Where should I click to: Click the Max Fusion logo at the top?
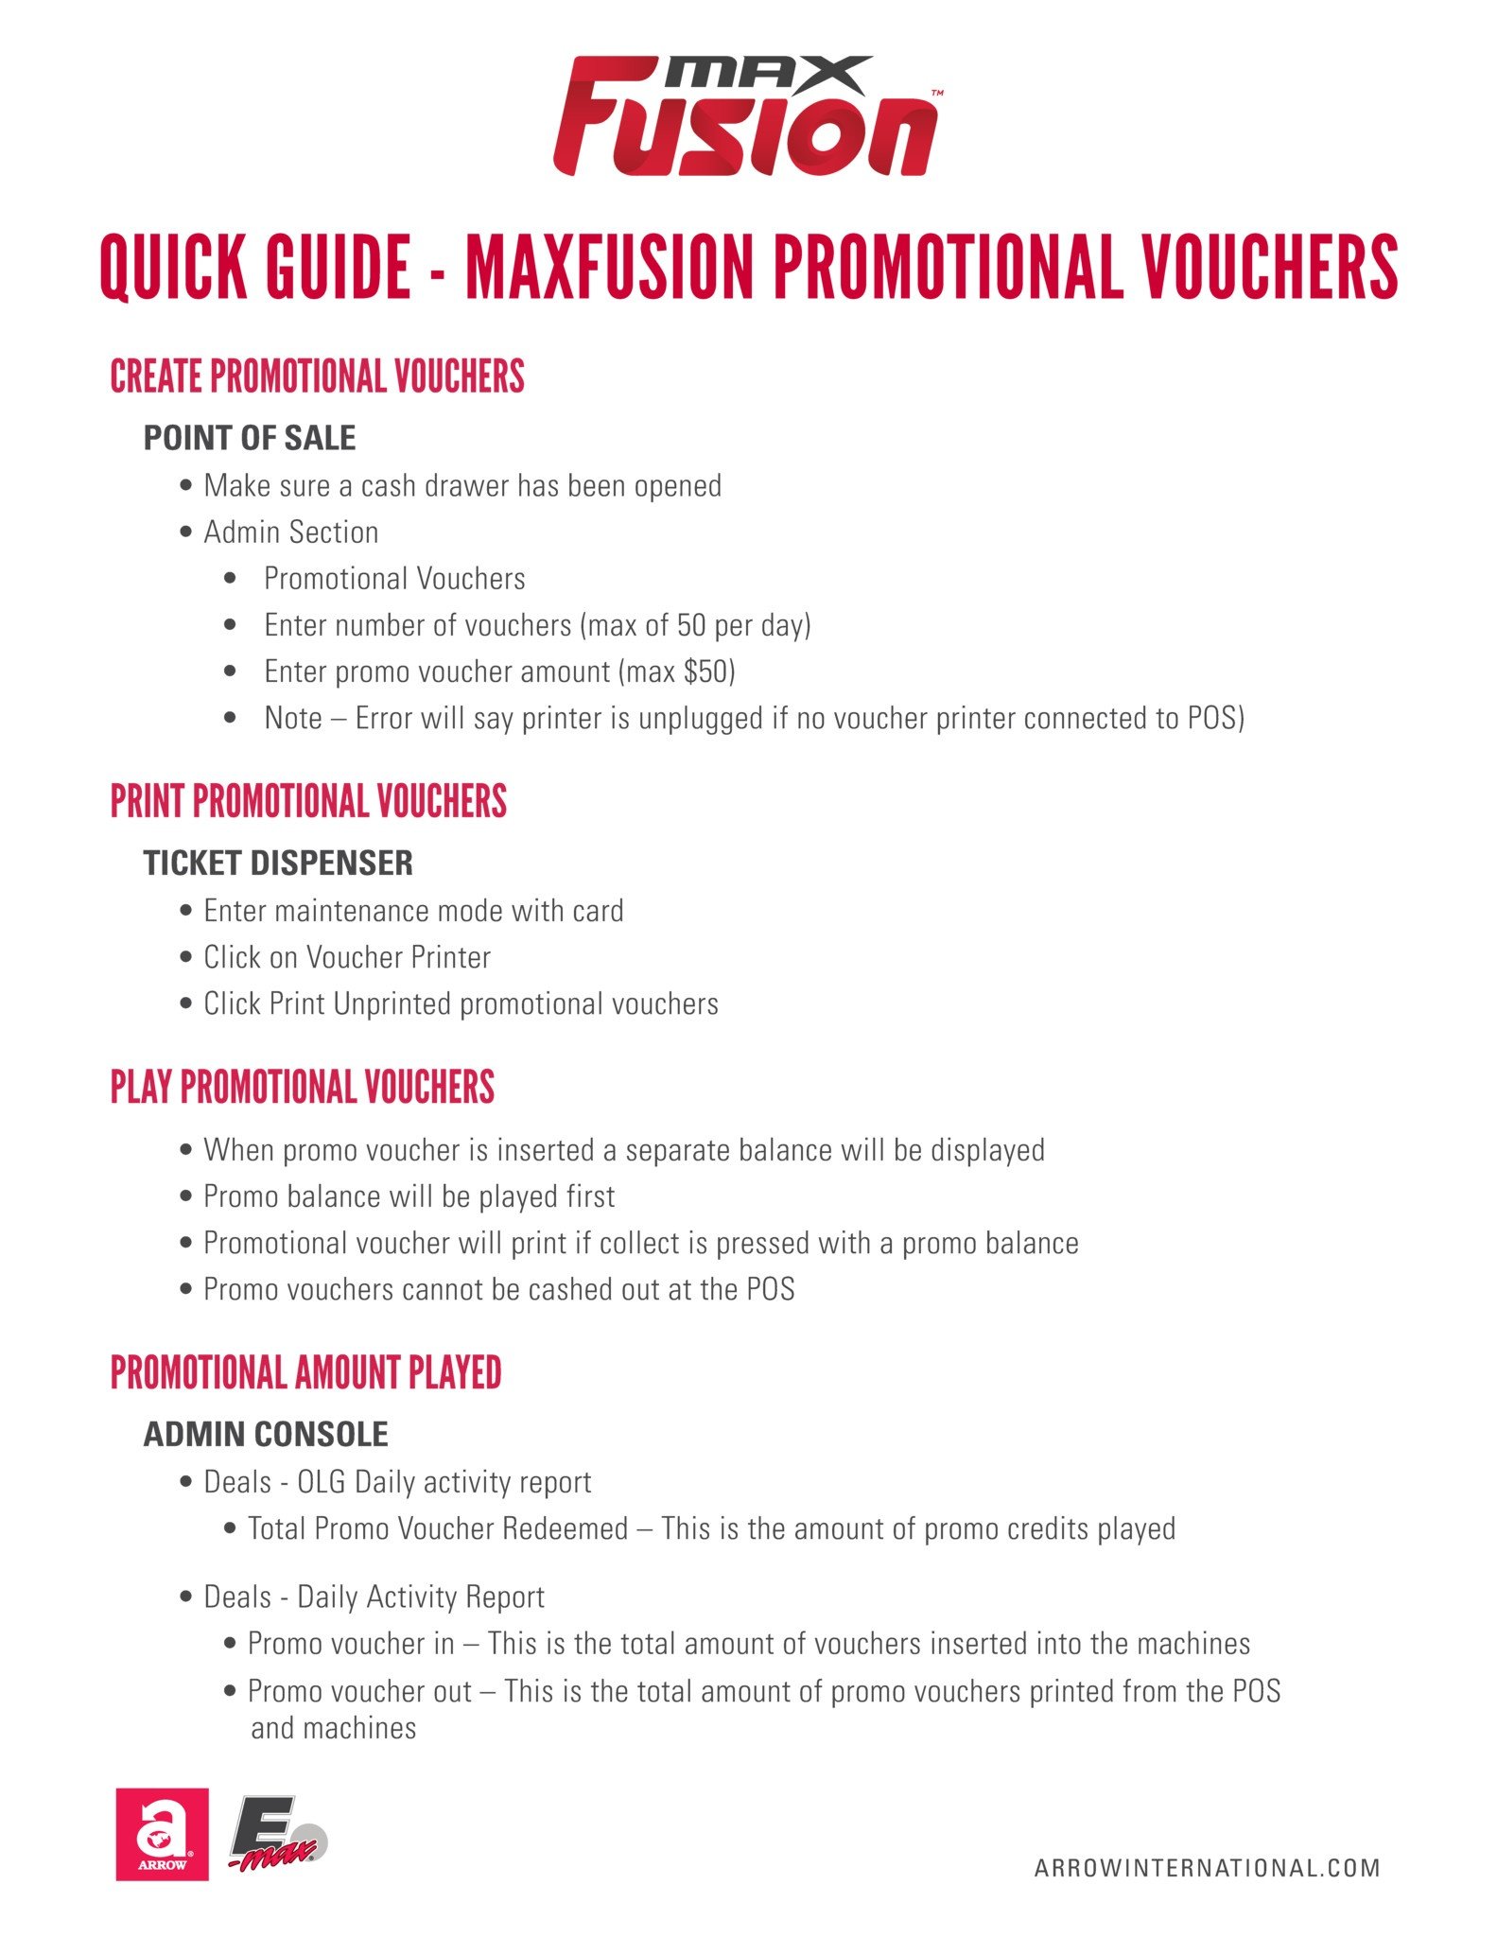coord(747,116)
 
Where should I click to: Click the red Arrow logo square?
coord(162,1834)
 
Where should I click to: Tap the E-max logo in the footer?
coord(277,1833)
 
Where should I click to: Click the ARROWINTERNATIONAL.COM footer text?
coord(1207,1868)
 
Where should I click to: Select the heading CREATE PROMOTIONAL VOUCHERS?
coord(317,376)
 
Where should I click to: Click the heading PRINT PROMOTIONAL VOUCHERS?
coord(308,801)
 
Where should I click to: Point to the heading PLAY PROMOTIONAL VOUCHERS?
coord(302,1087)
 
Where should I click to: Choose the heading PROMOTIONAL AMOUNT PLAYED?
coord(305,1372)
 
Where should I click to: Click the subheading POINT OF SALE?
coord(250,438)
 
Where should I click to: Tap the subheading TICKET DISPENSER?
coord(278,863)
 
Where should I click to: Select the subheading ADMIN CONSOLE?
coord(266,1434)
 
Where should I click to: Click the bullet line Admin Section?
coord(290,532)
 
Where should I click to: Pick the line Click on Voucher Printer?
coord(347,957)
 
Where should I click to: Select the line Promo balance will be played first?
coord(409,1196)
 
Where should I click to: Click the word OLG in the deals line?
coord(322,1482)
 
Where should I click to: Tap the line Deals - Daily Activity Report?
coord(374,1597)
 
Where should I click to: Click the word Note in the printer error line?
coord(293,718)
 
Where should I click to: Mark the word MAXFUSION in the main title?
coord(609,268)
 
